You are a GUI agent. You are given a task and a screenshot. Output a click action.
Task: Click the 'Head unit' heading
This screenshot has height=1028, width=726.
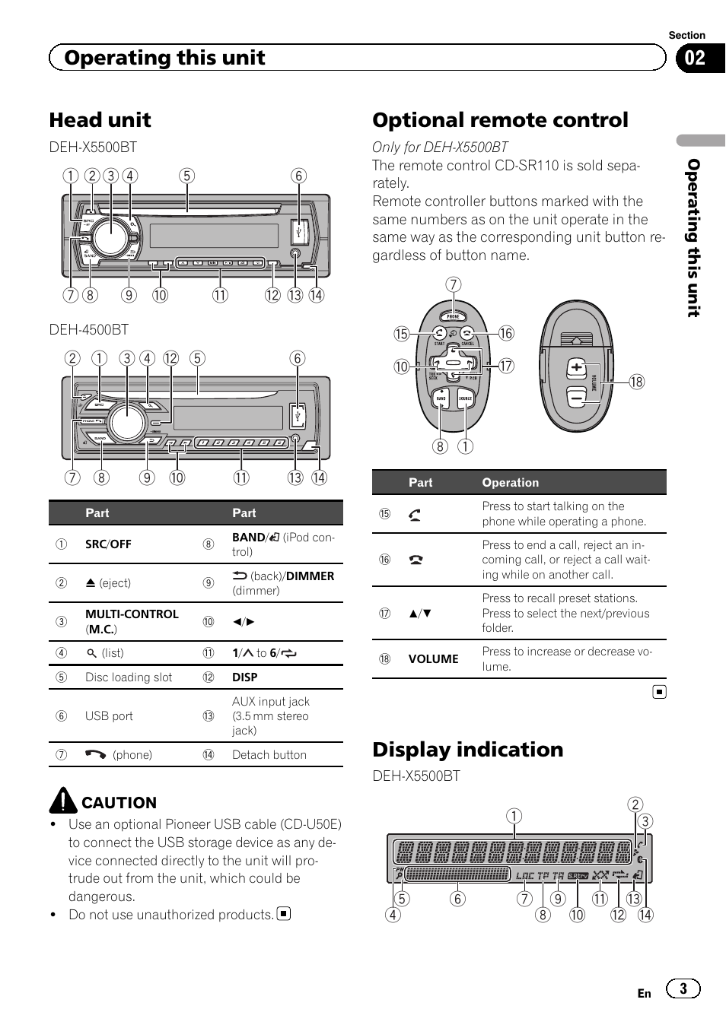[100, 120]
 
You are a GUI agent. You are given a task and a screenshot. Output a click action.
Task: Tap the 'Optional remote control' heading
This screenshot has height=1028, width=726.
[500, 120]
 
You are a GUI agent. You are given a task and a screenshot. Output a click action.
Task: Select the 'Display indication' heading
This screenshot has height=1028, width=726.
[467, 750]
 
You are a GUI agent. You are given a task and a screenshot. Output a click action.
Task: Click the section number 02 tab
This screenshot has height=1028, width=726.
[696, 58]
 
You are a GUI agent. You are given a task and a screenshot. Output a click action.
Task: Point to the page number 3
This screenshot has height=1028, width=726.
[683, 988]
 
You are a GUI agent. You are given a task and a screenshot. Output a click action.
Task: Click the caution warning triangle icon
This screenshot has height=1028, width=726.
[63, 801]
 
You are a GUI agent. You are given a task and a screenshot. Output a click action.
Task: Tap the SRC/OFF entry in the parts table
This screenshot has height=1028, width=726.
[108, 544]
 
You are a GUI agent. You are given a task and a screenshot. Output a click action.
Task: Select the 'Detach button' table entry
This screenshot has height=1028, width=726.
[269, 755]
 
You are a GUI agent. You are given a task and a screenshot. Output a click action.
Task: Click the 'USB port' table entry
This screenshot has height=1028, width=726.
[109, 716]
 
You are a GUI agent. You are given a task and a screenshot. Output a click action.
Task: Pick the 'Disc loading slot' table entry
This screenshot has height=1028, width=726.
[129, 677]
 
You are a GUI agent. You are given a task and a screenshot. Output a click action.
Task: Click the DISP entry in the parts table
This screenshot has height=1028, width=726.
[244, 677]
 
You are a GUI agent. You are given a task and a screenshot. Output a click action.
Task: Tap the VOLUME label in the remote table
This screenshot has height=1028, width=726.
[433, 659]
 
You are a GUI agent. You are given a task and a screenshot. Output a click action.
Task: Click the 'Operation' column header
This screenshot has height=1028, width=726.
[510, 483]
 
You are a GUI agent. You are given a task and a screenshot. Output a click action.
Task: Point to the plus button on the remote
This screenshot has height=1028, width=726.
[576, 369]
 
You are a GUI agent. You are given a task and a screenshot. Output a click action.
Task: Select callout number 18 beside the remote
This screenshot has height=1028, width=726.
[636, 382]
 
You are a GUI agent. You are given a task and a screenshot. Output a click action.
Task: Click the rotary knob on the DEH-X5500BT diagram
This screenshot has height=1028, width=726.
[110, 237]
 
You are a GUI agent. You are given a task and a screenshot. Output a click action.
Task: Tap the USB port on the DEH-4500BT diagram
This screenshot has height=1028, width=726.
[298, 415]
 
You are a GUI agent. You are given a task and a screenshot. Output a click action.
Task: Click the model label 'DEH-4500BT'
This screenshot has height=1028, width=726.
[88, 329]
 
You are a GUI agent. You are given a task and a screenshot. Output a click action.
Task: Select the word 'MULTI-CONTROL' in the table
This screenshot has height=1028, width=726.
[132, 614]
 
